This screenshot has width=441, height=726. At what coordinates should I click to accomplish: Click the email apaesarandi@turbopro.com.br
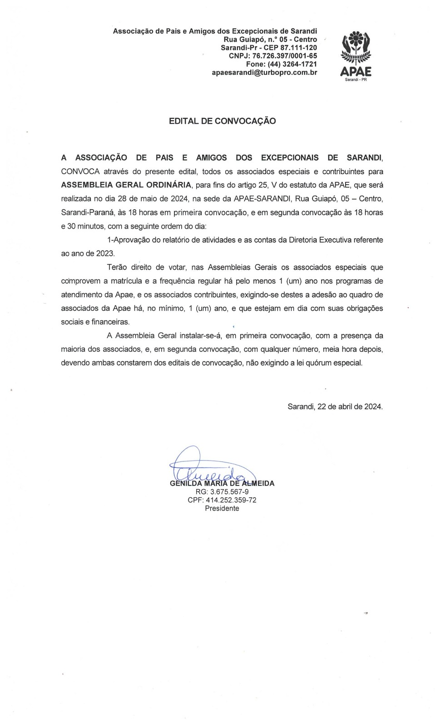pos(264,73)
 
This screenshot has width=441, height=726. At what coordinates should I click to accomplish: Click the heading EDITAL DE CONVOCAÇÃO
pos(222,121)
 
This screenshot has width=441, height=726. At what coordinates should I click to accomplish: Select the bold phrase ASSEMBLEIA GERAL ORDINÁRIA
pos(126,185)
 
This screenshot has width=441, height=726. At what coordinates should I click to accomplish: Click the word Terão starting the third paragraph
pos(117,267)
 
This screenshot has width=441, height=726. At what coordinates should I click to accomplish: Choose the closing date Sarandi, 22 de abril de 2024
pos(335,407)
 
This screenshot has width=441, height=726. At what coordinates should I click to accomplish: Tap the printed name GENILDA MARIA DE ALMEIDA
pos(222,484)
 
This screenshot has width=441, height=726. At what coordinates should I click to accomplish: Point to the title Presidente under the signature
pos(222,508)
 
